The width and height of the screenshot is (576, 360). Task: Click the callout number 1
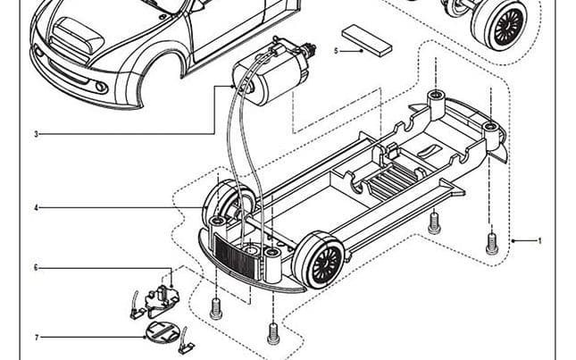point(539,240)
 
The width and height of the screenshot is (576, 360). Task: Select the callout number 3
point(37,134)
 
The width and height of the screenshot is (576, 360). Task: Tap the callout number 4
point(37,208)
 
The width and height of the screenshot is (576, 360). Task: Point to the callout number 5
point(336,51)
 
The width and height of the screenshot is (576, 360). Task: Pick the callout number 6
point(37,267)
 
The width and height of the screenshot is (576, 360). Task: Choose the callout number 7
point(37,337)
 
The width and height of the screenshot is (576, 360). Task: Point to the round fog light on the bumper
point(100,87)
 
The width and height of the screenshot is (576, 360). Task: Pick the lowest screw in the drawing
point(272,333)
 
